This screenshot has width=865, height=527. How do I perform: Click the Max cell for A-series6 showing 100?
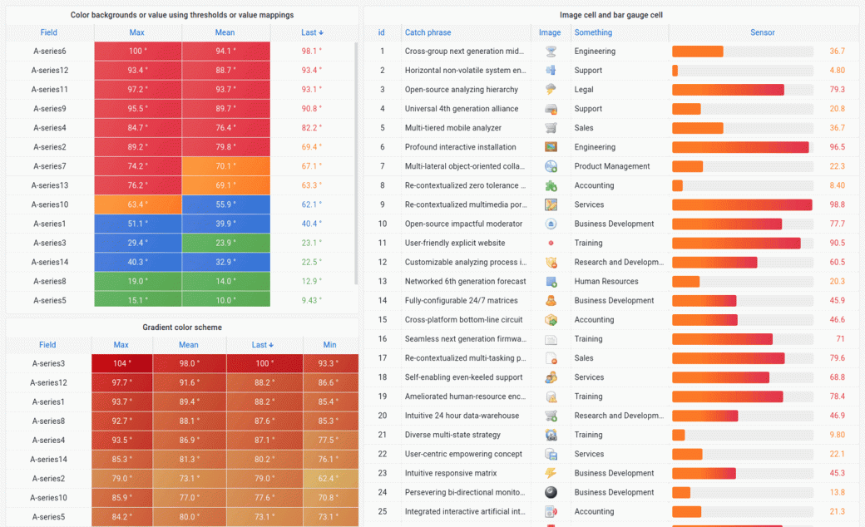click(x=137, y=52)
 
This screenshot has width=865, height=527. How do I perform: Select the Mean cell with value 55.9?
click(x=225, y=204)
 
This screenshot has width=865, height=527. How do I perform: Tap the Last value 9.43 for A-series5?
click(x=311, y=301)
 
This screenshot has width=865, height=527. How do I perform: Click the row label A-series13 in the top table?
click(x=49, y=185)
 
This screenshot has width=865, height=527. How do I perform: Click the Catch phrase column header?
click(x=428, y=32)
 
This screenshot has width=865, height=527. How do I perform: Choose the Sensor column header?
click(x=762, y=32)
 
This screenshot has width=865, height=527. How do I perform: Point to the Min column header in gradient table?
click(x=329, y=345)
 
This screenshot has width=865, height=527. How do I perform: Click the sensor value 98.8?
click(x=837, y=204)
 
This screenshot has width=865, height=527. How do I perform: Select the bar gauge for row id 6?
click(x=742, y=147)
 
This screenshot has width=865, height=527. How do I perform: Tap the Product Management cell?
click(x=612, y=166)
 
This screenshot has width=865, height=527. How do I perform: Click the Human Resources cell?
click(x=605, y=282)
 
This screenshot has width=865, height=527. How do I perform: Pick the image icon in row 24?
click(x=551, y=492)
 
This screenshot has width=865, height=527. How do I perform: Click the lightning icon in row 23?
click(x=551, y=473)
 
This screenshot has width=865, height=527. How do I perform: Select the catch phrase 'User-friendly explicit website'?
click(x=455, y=243)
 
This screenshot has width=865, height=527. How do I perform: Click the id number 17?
click(x=383, y=358)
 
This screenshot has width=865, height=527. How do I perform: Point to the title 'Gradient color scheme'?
click(x=182, y=328)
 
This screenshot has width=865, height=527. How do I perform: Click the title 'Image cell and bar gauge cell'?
click(x=611, y=15)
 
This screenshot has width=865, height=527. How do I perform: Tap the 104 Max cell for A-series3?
click(x=121, y=363)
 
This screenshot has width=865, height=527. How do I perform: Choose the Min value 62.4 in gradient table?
click(x=329, y=479)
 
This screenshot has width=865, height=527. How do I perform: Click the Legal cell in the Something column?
click(x=584, y=90)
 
